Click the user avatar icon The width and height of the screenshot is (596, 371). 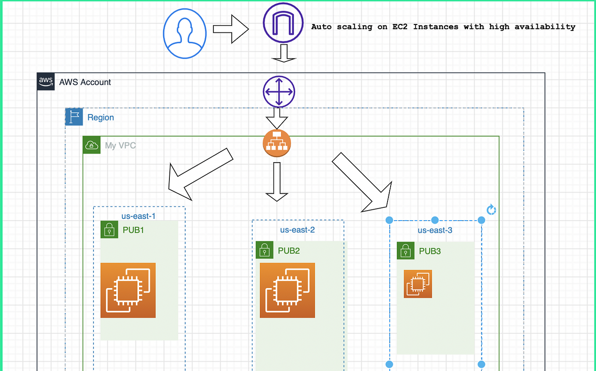point(184,33)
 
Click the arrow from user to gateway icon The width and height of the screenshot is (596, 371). point(230,29)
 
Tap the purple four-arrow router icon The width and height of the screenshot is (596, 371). point(279,92)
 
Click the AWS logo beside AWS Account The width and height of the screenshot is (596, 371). point(46,82)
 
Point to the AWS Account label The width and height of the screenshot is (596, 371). point(85,82)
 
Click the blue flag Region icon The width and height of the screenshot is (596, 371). point(74,117)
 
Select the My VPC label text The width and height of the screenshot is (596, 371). point(120,145)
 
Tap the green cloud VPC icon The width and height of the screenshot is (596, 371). point(92,145)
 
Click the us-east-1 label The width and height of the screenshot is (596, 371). point(138,216)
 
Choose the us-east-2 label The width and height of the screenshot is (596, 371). point(297,230)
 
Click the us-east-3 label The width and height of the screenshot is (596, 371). point(434,230)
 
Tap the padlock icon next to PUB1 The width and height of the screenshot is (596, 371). point(109,229)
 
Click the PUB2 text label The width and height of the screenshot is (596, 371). point(289,251)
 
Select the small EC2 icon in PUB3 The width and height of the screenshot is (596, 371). point(418,284)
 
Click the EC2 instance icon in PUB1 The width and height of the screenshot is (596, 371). point(128,290)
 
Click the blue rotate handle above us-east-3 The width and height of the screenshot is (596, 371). point(492,210)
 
